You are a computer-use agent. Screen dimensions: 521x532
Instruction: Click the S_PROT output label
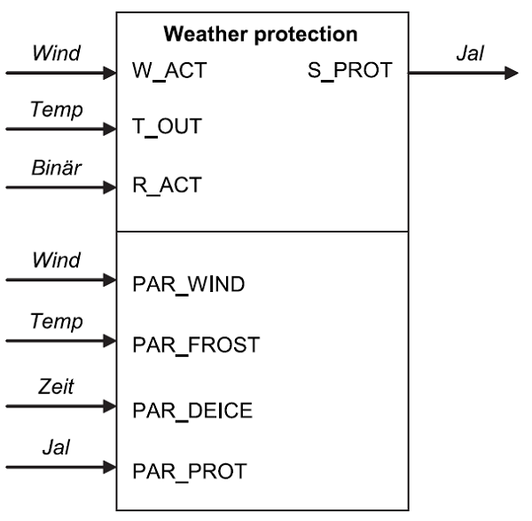pos(355,71)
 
